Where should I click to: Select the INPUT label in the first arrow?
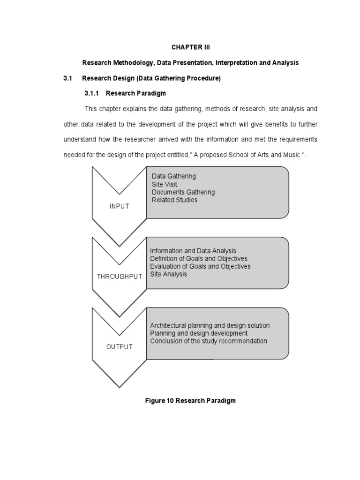[120, 206]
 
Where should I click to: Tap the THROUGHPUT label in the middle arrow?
[119, 277]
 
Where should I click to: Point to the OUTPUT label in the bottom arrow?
[120, 347]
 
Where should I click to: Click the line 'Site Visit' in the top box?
[165, 184]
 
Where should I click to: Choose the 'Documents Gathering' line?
[183, 192]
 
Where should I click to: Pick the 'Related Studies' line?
[174, 200]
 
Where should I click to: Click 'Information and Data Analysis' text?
[193, 251]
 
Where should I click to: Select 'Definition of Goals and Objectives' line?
[198, 258]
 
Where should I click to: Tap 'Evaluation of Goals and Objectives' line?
[200, 266]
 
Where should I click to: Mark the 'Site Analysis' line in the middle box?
[168, 274]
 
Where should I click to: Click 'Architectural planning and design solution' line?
[210, 325]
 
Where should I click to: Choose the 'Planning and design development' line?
[199, 333]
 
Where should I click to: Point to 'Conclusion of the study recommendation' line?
[209, 341]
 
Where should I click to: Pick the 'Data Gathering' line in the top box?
[174, 176]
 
